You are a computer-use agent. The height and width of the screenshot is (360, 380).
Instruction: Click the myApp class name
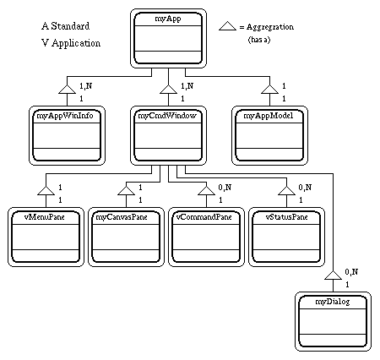[x=168, y=19]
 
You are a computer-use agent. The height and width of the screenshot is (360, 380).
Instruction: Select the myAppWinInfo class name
[x=65, y=116]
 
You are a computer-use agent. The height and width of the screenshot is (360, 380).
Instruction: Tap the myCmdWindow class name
[x=167, y=116]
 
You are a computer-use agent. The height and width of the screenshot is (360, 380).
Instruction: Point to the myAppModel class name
[x=269, y=116]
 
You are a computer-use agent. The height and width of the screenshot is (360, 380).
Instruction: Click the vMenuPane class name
[x=45, y=217]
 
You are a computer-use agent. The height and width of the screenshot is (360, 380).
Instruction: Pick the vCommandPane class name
[x=204, y=217]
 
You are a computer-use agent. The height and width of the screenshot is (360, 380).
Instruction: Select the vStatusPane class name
[x=287, y=217]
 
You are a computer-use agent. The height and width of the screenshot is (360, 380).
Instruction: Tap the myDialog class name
[x=333, y=302]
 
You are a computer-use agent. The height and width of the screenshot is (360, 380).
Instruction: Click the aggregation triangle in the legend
[x=227, y=26]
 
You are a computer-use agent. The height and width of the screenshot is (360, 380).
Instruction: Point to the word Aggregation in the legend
[x=270, y=27]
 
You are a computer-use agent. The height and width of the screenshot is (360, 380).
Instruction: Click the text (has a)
[x=259, y=40]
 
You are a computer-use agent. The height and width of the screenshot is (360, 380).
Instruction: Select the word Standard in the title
[x=70, y=26]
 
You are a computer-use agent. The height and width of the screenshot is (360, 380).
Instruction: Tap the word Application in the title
[x=76, y=43]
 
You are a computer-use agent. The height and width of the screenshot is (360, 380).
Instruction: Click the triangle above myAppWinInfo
[x=67, y=89]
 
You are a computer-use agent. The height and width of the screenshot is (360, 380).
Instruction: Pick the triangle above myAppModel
[x=269, y=89]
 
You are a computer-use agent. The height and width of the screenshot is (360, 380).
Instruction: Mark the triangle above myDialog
[x=333, y=275]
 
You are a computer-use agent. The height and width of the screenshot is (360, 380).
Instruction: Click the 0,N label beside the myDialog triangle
[x=351, y=272]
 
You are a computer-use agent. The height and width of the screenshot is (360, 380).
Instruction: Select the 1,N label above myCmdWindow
[x=187, y=86]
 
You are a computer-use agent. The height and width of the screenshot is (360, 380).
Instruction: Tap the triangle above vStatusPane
[x=286, y=191]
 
